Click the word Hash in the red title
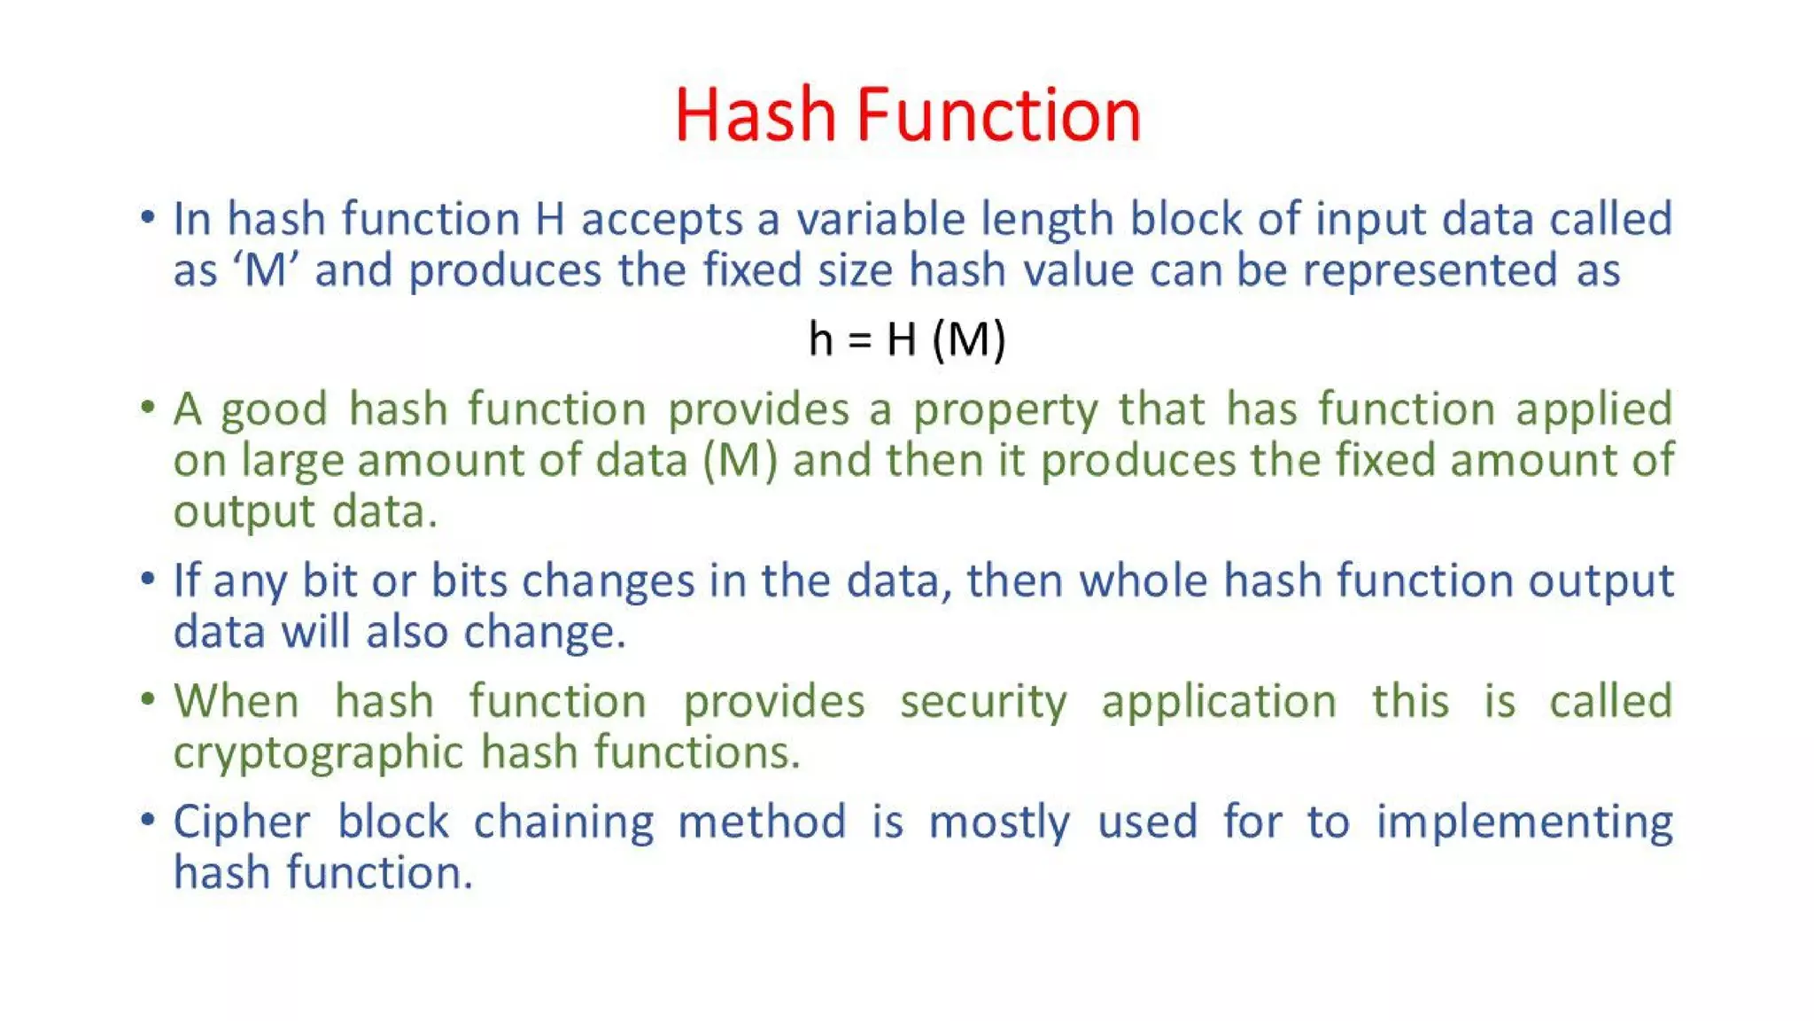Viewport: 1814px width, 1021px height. coord(755,115)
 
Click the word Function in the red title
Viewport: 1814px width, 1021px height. coord(998,115)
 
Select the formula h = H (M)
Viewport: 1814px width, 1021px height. coord(907,339)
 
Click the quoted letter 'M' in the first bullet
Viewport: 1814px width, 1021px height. coord(266,270)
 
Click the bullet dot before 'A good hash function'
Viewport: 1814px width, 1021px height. coord(147,408)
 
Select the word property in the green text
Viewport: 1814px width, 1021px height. coord(1005,410)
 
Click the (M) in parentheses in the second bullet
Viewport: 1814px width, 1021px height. coord(740,461)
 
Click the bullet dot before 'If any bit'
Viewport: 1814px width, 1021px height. coord(147,580)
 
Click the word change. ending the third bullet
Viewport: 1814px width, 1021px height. coord(545,633)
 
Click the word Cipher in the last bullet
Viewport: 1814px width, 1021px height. coord(242,822)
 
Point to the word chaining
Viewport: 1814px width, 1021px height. coord(563,822)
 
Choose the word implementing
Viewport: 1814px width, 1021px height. coord(1523,822)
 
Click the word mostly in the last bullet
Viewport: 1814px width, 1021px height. coord(999,822)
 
